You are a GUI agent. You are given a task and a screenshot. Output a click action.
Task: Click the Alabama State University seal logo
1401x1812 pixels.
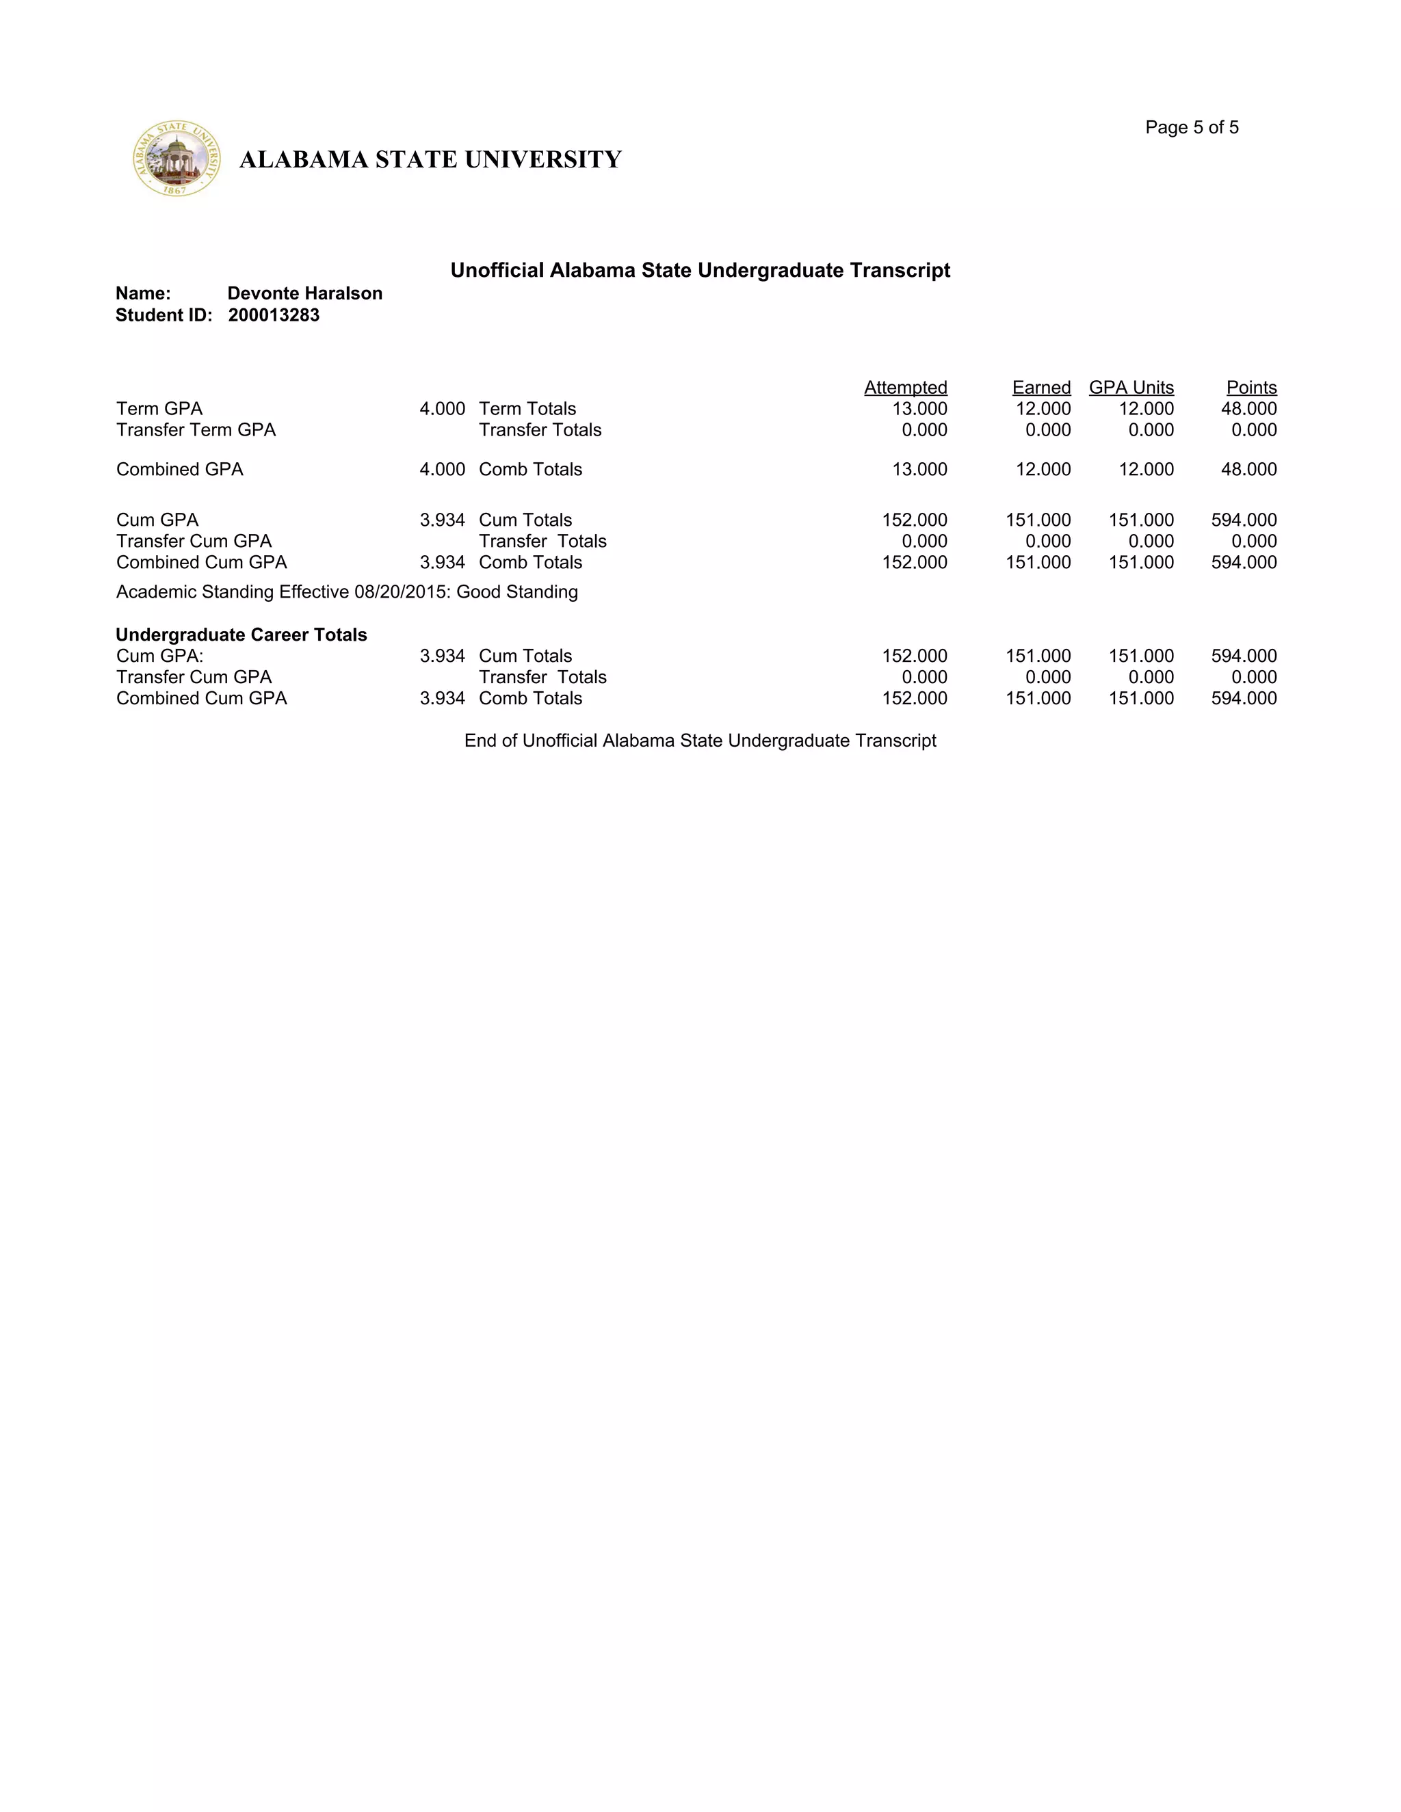point(176,159)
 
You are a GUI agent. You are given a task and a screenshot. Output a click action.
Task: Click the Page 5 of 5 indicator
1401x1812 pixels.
point(1191,127)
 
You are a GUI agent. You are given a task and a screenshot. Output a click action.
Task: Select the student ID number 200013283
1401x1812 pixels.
point(274,315)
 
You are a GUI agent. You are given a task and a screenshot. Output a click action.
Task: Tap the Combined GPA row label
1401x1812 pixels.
point(179,470)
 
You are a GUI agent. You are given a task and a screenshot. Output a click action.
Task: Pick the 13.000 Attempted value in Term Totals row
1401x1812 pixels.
point(919,409)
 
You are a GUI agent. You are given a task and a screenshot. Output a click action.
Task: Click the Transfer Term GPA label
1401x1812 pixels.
point(196,430)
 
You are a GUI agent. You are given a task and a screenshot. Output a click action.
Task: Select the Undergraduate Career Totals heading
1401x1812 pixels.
point(241,635)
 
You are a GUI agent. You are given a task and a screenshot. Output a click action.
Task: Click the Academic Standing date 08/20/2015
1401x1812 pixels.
point(401,591)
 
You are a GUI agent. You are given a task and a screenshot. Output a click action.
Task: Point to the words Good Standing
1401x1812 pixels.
point(517,591)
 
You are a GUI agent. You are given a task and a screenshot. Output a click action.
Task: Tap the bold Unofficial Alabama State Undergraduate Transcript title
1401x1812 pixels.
point(700,271)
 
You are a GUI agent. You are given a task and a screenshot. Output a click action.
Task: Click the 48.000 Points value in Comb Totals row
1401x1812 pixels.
point(1248,470)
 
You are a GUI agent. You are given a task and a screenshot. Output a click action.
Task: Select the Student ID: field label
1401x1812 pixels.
point(163,315)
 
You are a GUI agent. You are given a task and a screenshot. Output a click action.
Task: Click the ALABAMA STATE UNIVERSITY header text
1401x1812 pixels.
point(430,159)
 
